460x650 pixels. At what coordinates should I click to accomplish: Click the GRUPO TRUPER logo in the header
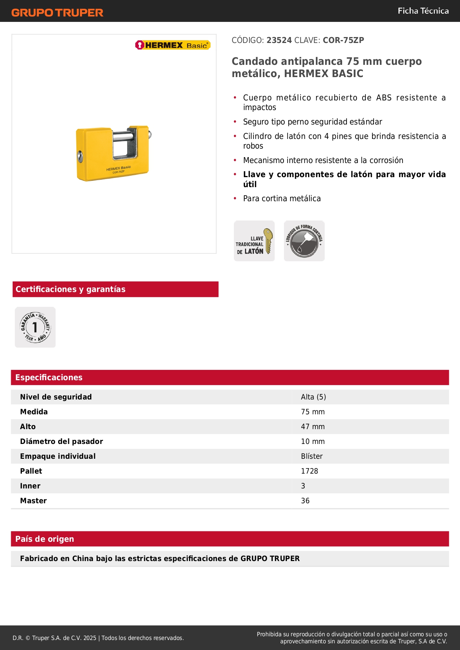pos(57,13)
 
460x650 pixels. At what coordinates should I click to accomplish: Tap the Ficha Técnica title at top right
pos(423,11)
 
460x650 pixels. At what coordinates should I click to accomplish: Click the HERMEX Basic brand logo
pos(173,45)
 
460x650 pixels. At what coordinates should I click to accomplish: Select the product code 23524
pos(279,40)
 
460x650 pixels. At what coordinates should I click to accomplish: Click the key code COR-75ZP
pos(343,40)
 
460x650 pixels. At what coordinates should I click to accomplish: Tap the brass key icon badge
pos(254,241)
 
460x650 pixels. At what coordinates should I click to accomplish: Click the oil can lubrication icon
pos(304,241)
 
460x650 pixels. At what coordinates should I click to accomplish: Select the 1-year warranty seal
pos(35,327)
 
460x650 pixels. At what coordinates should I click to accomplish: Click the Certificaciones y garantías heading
pos(70,289)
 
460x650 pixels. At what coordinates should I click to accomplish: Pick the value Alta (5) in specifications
pos(313,397)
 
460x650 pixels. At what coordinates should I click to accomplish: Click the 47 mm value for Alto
pos(312,427)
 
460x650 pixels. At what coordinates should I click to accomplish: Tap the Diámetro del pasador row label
pos(62,441)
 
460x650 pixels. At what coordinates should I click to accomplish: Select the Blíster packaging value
pos(312,456)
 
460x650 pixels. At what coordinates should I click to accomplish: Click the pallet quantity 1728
pos(310,471)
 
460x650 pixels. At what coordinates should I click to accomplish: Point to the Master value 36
pos(305,501)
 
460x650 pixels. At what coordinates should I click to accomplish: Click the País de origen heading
pos(44,539)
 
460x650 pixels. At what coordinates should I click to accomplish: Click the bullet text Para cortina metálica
pos(282,199)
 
